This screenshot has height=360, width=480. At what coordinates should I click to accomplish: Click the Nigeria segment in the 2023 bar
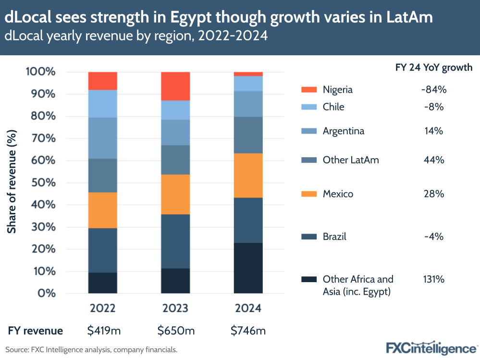[x=175, y=86]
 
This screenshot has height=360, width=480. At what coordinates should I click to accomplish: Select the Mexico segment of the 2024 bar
[x=248, y=175]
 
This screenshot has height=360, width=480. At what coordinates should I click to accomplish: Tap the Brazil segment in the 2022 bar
[x=103, y=250]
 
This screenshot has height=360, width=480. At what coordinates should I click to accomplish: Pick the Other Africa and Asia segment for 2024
[x=248, y=268]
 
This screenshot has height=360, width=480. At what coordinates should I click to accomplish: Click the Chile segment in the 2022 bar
[x=103, y=103]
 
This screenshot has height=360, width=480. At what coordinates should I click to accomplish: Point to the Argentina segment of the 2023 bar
[x=175, y=132]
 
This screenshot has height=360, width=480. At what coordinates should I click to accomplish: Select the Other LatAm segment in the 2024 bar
[x=248, y=135]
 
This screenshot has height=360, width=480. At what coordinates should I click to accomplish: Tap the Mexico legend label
[x=338, y=194]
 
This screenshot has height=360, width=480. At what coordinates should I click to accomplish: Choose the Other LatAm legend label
[x=351, y=160]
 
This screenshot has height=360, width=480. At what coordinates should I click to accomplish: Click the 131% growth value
[x=432, y=279]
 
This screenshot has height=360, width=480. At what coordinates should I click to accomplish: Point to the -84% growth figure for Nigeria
[x=432, y=90]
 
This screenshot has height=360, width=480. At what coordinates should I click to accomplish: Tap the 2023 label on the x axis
[x=175, y=308]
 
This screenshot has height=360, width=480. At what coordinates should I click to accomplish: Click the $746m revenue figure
[x=248, y=331]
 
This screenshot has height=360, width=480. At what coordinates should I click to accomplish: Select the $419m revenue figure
[x=102, y=331]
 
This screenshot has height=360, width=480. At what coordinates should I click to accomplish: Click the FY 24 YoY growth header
[x=431, y=68]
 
